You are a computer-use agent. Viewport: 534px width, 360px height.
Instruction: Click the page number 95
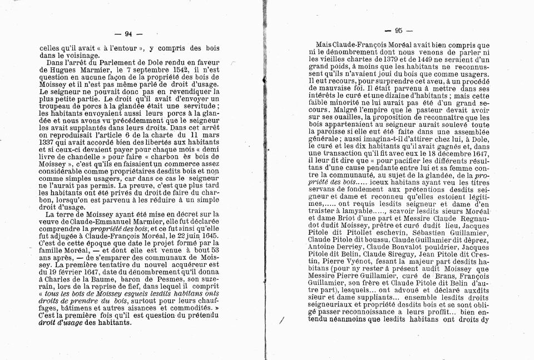click(x=398, y=31)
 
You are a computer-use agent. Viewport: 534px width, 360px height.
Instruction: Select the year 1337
click(x=48, y=142)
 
